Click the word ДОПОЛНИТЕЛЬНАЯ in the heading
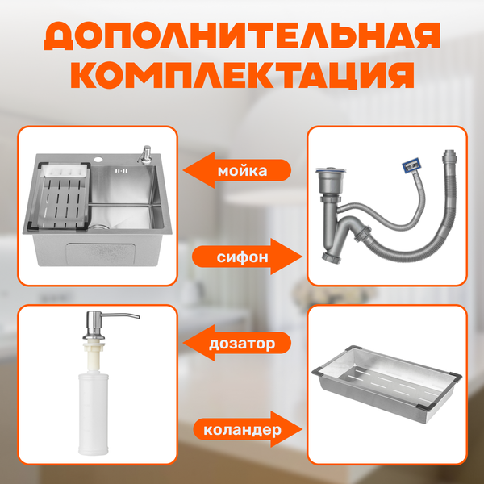(242, 36)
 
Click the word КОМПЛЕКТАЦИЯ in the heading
(242, 75)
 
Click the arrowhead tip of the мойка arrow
(183, 170)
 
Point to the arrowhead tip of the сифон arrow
(302, 257)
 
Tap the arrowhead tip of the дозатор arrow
(183, 343)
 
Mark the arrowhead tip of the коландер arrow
(302, 429)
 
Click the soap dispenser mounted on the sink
(144, 155)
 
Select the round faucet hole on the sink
(99, 160)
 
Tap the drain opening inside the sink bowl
(99, 227)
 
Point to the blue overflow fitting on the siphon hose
(411, 165)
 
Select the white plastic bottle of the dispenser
(94, 413)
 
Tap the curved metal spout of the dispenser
(119, 315)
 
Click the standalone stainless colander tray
(386, 384)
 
